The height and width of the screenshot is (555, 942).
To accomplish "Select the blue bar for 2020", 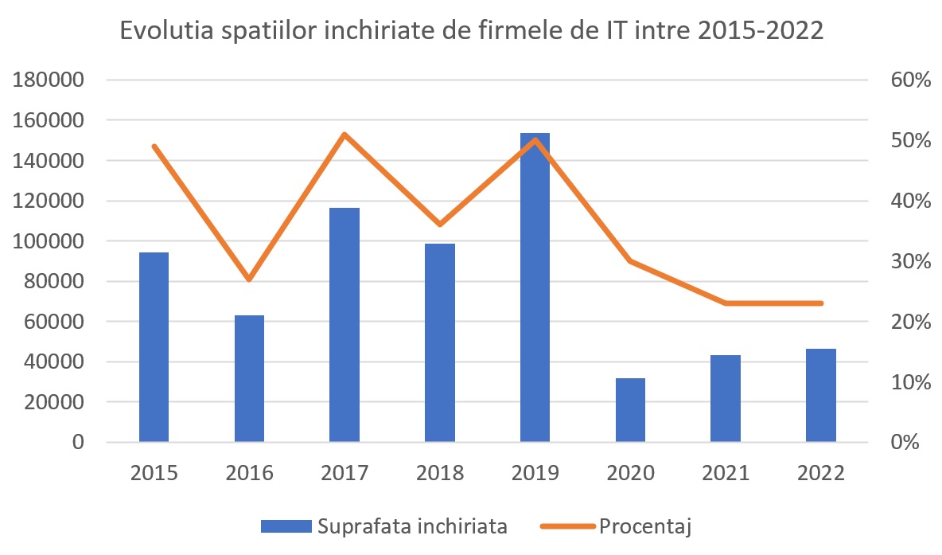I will tap(630, 410).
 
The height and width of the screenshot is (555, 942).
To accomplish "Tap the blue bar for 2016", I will tap(249, 378).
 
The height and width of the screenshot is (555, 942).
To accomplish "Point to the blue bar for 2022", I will tap(820, 395).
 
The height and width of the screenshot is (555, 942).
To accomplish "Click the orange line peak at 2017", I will tap(344, 135).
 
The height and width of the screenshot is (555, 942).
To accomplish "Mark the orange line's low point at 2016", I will tap(249, 279).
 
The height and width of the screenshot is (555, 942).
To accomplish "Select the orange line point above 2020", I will tap(630, 261).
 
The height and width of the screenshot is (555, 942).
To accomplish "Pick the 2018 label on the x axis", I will tap(440, 473).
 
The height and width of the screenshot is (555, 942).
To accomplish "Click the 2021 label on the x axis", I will tap(726, 473).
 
